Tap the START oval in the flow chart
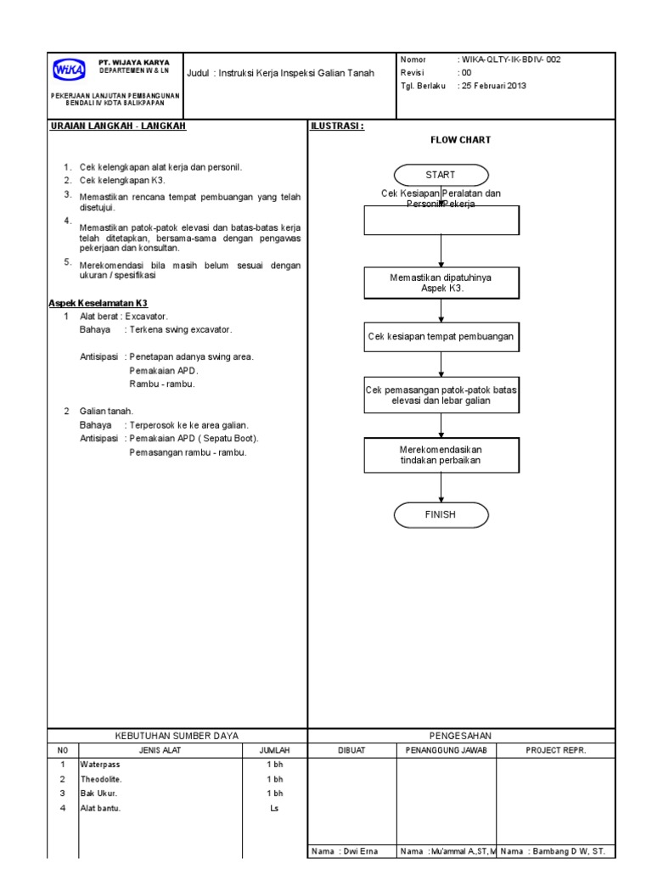[x=441, y=175]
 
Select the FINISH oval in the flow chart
[x=441, y=514]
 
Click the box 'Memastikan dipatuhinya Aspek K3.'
[x=441, y=283]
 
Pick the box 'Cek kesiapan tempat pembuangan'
[x=441, y=337]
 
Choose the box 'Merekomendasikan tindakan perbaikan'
[x=441, y=455]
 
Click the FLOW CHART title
[x=460, y=140]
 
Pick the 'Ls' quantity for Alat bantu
[x=274, y=808]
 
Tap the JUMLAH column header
[x=274, y=750]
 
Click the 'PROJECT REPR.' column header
[x=556, y=750]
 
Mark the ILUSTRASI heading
[x=337, y=126]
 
